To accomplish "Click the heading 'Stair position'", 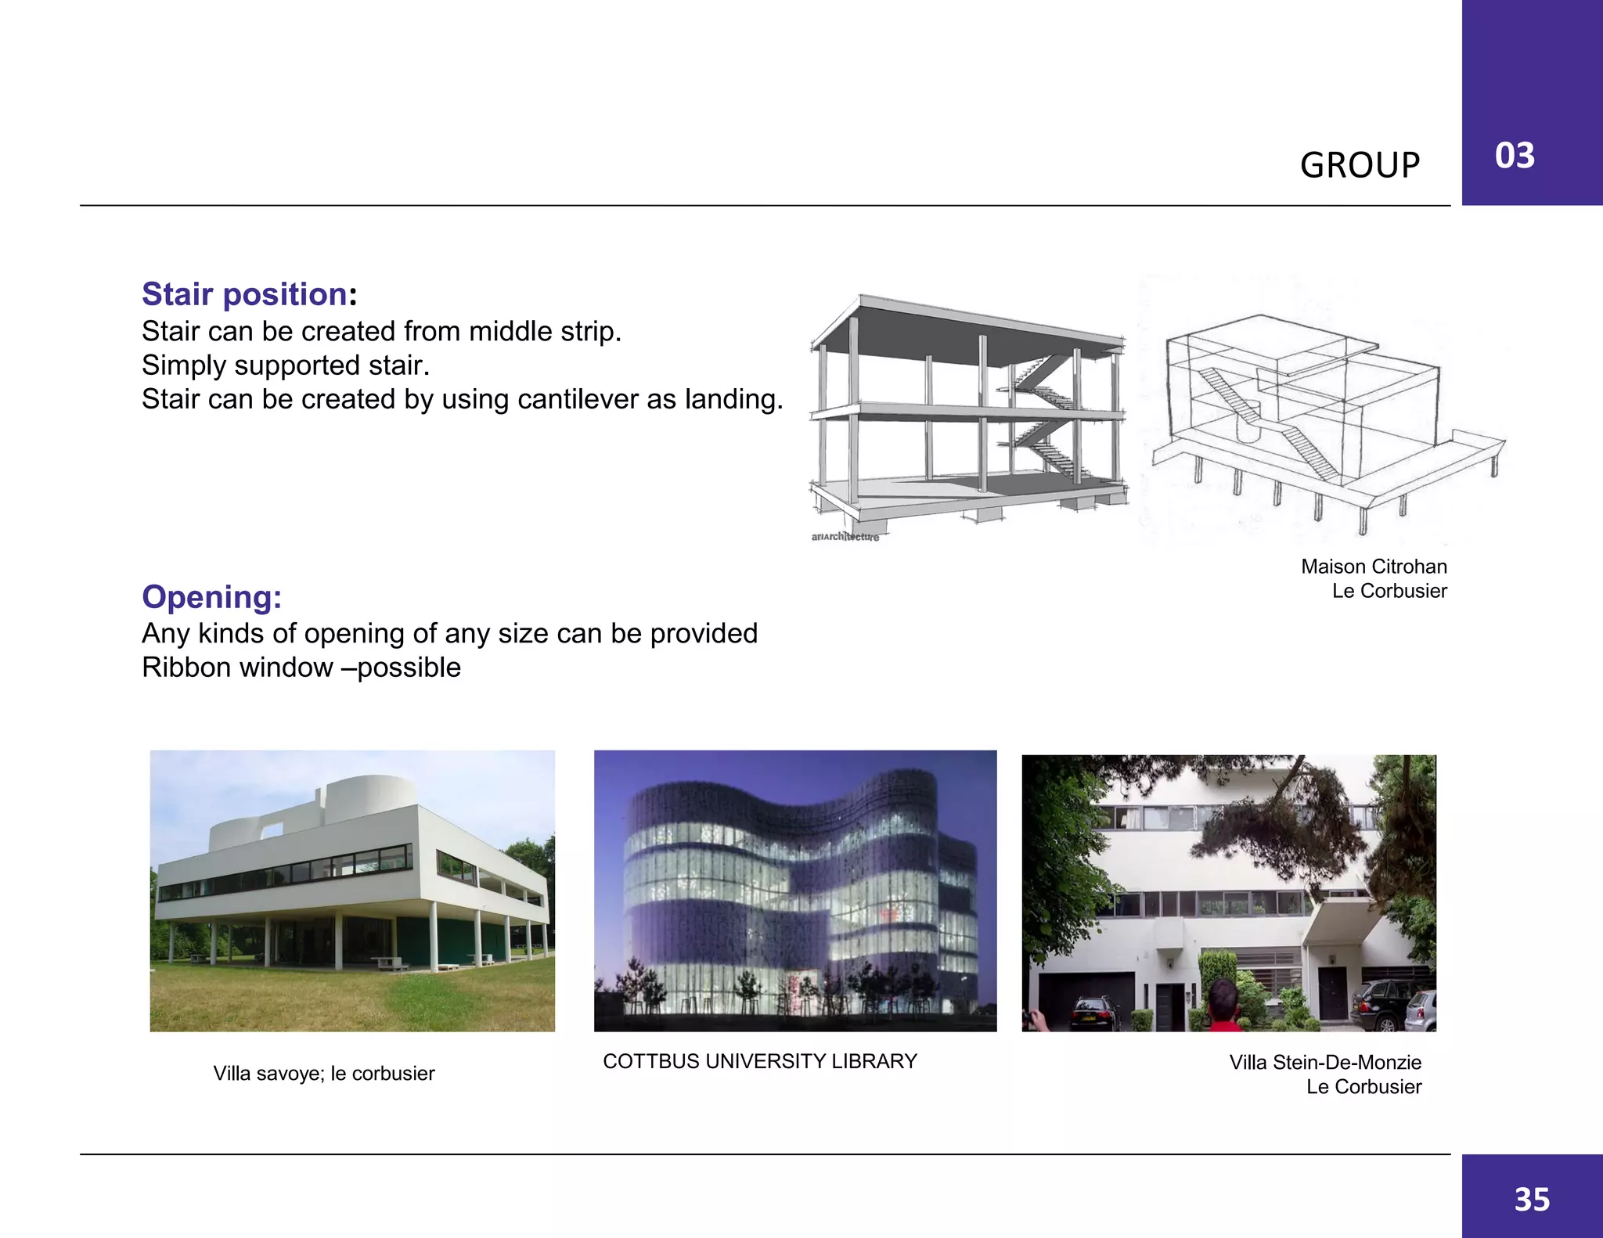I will [x=244, y=294].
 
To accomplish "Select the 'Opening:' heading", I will [x=211, y=597].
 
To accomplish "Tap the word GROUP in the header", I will [x=1360, y=165].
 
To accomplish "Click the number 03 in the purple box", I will [x=1515, y=156].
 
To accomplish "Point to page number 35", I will [x=1532, y=1200].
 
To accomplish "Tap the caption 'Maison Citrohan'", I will [x=1374, y=567].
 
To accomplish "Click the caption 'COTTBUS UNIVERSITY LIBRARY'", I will [x=759, y=1061].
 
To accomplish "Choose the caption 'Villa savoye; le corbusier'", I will [x=324, y=1073].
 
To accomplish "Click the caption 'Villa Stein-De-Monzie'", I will [x=1324, y=1062].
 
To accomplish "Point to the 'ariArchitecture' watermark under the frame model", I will [x=845, y=537].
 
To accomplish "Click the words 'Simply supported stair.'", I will [x=286, y=365].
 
